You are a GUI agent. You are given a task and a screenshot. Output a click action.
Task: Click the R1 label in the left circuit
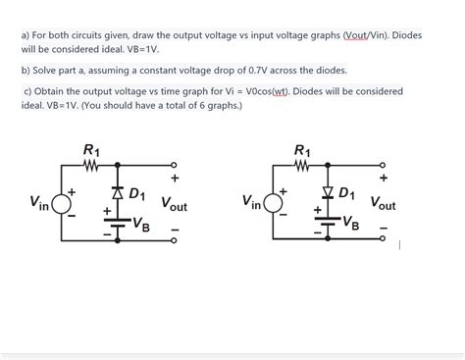click(x=91, y=150)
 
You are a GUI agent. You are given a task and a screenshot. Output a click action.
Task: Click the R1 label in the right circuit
click(x=302, y=150)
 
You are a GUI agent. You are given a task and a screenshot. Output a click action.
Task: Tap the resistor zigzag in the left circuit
click(x=92, y=165)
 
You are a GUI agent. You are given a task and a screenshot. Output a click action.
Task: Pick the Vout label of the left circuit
click(x=174, y=205)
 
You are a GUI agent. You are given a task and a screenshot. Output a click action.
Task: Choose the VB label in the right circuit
click(x=350, y=224)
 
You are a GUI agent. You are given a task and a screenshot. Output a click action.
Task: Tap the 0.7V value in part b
click(x=252, y=71)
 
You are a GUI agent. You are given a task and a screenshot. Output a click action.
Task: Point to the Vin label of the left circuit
click(x=39, y=203)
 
